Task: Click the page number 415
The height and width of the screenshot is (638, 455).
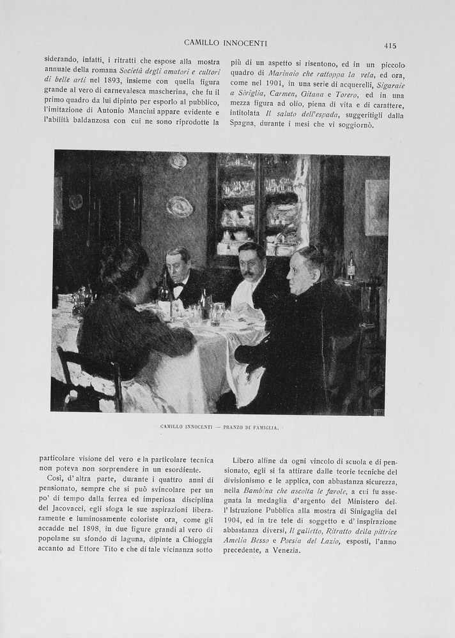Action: [x=390, y=45]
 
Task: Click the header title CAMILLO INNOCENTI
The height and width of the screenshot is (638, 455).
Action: [x=226, y=43]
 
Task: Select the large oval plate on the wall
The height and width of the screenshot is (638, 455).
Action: [x=180, y=206]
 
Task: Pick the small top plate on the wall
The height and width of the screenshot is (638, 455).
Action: [x=178, y=161]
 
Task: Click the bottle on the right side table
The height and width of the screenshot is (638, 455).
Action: [x=350, y=266]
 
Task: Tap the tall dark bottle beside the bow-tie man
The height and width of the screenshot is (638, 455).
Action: [x=165, y=291]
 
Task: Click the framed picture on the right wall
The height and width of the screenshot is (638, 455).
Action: [x=376, y=207]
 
